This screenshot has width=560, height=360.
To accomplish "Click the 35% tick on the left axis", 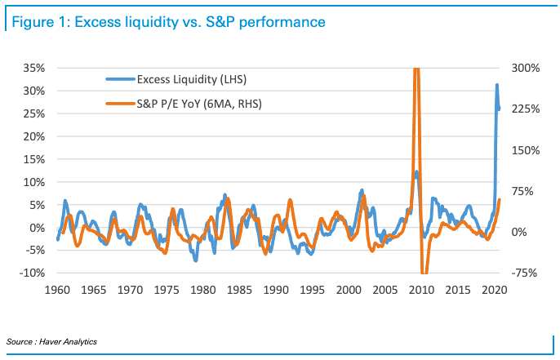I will pyautogui.click(x=32, y=68).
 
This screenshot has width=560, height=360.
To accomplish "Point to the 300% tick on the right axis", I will pyautogui.click(x=527, y=68).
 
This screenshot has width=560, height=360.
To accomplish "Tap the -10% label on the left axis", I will pyautogui.click(x=31, y=273).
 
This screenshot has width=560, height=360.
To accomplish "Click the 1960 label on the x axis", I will pyautogui.click(x=57, y=290).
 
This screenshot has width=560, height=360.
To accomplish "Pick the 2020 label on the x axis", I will pyautogui.click(x=494, y=290).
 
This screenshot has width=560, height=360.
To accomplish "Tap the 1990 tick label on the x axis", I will pyautogui.click(x=276, y=290).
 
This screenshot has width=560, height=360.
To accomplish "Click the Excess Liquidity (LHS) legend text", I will pyautogui.click(x=193, y=79).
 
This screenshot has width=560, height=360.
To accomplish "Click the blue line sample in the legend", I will pyautogui.click(x=119, y=79).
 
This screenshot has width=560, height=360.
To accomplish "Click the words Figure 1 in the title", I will pyautogui.click(x=38, y=22).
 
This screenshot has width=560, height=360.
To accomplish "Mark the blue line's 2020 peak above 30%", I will pyautogui.click(x=496, y=85).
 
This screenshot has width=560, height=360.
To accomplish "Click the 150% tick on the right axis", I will pyautogui.click(x=527, y=150).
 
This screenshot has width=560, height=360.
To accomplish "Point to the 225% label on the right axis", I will pyautogui.click(x=527, y=109).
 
